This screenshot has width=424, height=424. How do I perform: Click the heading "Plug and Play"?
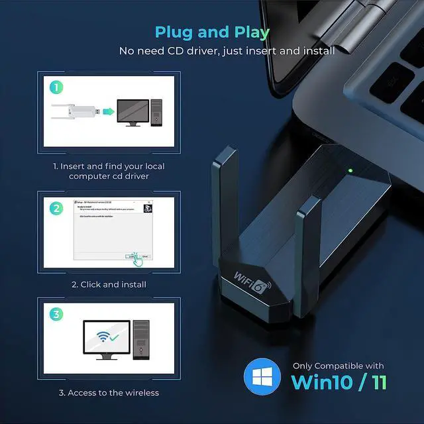pos(212,32)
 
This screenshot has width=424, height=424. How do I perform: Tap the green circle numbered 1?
pos(58,87)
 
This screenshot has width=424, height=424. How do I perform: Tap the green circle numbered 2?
pos(58,207)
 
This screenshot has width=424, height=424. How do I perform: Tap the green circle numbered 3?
pos(58,315)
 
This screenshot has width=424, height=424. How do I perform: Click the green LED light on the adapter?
pos(349,171)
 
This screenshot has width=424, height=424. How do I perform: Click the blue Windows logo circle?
pos(262,377)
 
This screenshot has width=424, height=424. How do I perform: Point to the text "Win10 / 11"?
pos(339,382)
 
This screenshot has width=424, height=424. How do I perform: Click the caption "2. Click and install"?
pos(109,284)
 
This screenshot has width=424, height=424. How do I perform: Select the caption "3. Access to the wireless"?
pos(109,393)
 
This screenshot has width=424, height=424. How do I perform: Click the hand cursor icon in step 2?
pos(136,259)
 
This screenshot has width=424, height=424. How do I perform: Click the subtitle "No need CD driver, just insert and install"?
pos(227,51)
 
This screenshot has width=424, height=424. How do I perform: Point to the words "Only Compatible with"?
pos(339,366)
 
